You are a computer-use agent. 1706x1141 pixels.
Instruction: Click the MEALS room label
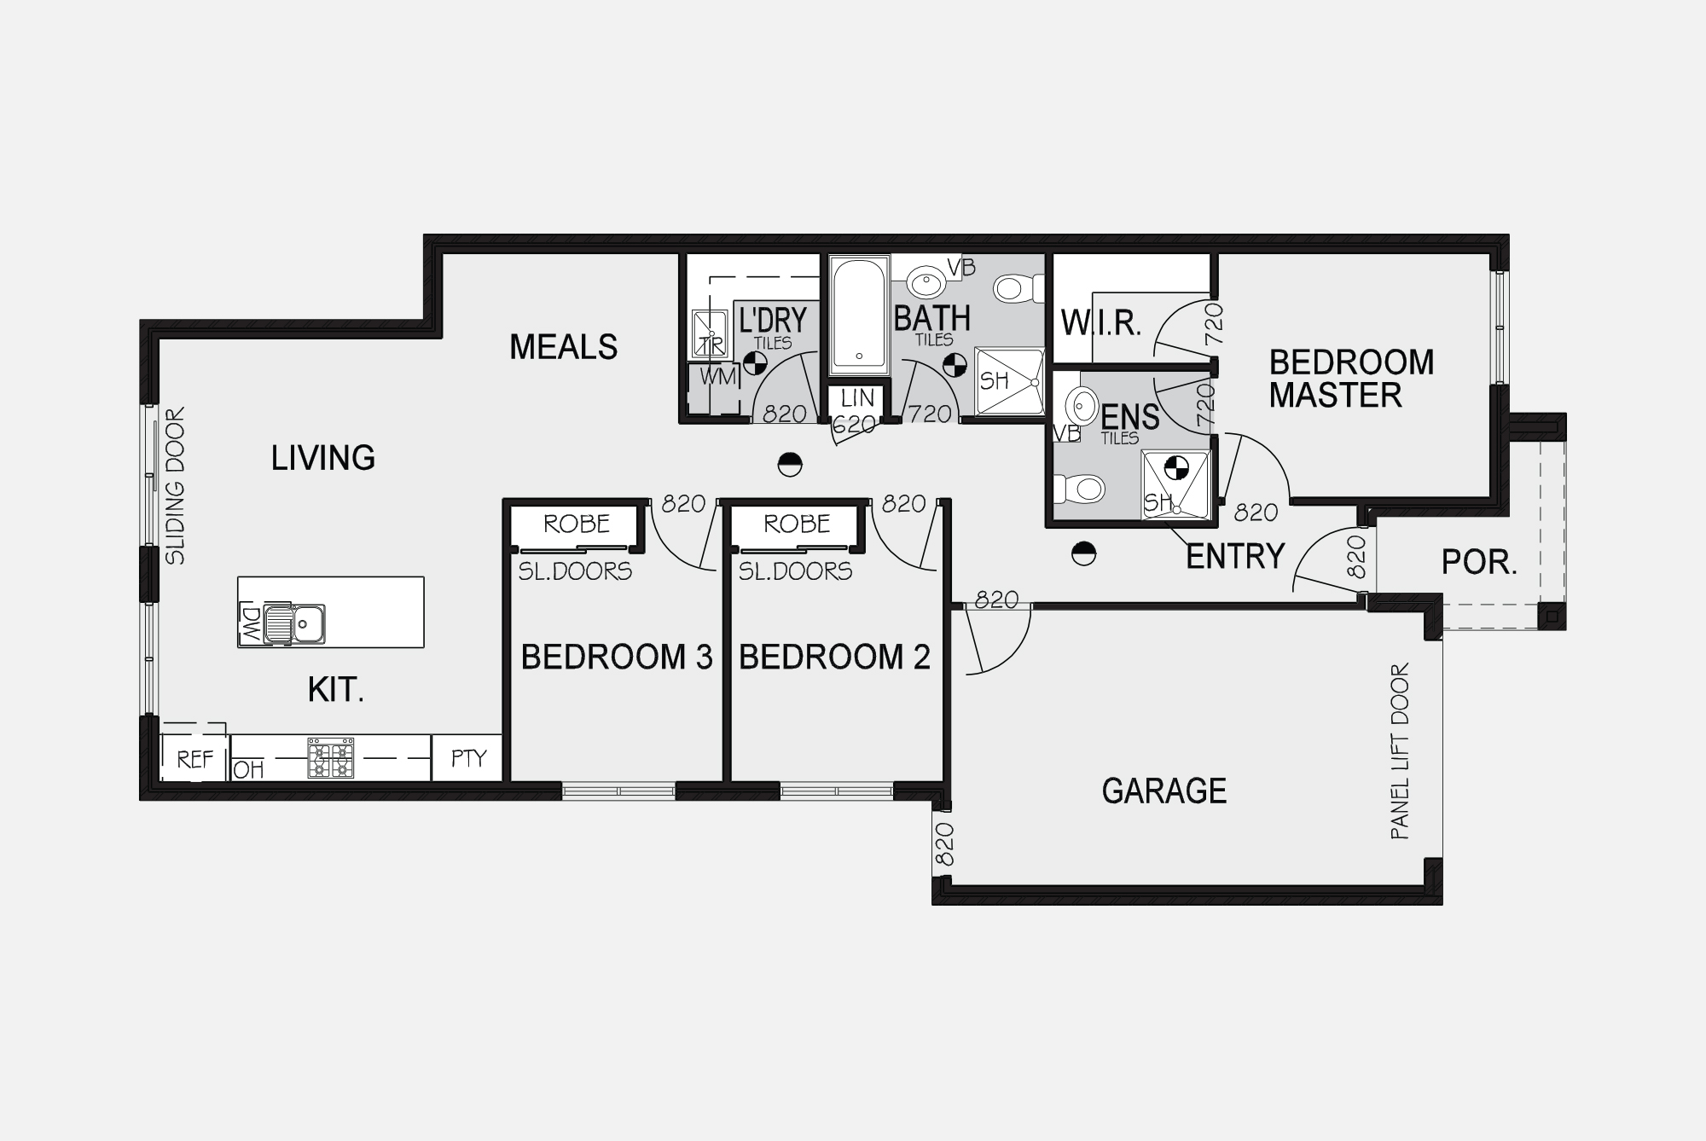[563, 347]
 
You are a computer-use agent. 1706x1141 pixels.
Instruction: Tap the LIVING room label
[323, 458]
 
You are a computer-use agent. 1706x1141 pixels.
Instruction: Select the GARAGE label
[1164, 791]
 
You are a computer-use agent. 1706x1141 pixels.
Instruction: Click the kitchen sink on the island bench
[294, 623]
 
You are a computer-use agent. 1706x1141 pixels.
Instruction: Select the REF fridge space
[195, 759]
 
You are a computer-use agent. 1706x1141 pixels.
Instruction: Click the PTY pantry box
[467, 758]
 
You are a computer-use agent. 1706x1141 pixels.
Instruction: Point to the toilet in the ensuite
[1079, 489]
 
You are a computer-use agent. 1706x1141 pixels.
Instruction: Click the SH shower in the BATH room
[1009, 381]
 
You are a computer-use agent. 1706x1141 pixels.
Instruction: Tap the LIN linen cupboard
[857, 398]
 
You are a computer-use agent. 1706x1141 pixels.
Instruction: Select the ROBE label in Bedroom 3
[577, 524]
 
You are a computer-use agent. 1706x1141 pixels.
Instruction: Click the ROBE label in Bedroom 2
[797, 524]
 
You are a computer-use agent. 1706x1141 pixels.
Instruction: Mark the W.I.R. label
[1101, 324]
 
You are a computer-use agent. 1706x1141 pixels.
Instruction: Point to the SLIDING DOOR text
[175, 486]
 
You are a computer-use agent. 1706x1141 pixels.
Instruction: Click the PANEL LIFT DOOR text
[1400, 751]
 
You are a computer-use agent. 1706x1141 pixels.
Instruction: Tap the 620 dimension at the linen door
[855, 424]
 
